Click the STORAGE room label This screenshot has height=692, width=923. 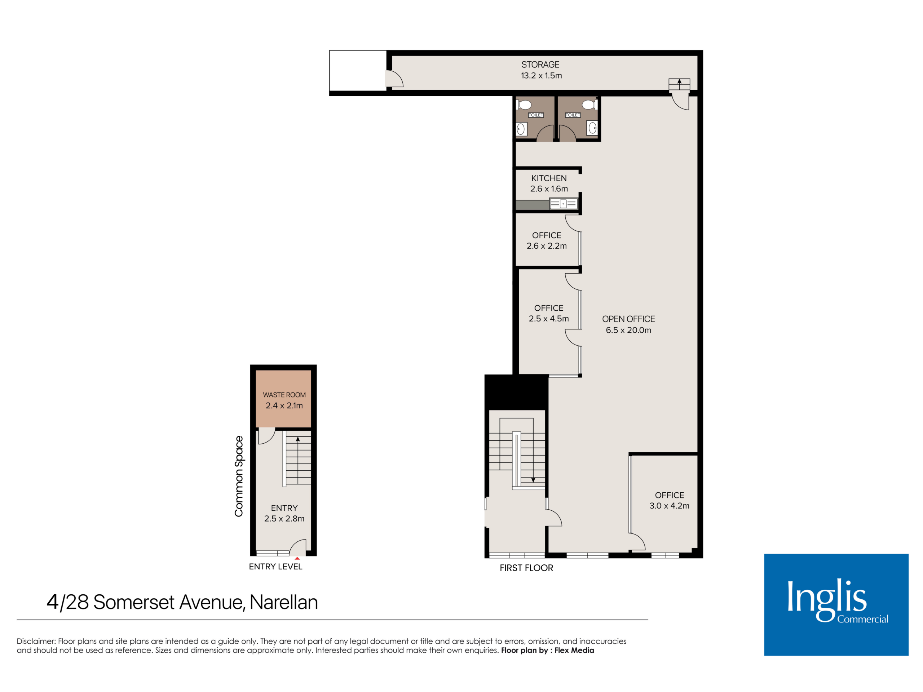point(540,65)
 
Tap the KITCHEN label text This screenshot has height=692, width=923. point(549,178)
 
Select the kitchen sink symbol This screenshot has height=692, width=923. point(563,204)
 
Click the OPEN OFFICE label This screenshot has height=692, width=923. point(628,319)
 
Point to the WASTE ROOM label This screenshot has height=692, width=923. point(284,395)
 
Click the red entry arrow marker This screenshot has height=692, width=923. point(297,558)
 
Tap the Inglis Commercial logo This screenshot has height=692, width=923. point(836,605)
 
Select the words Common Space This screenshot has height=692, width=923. point(239,476)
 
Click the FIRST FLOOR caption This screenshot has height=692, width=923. point(526,568)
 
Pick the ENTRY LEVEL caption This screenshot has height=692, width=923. point(275,567)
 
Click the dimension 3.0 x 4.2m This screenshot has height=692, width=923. point(669,506)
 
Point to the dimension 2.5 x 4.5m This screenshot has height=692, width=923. point(549,319)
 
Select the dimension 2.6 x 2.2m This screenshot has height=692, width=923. point(547,246)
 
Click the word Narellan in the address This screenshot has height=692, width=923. point(284,602)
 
